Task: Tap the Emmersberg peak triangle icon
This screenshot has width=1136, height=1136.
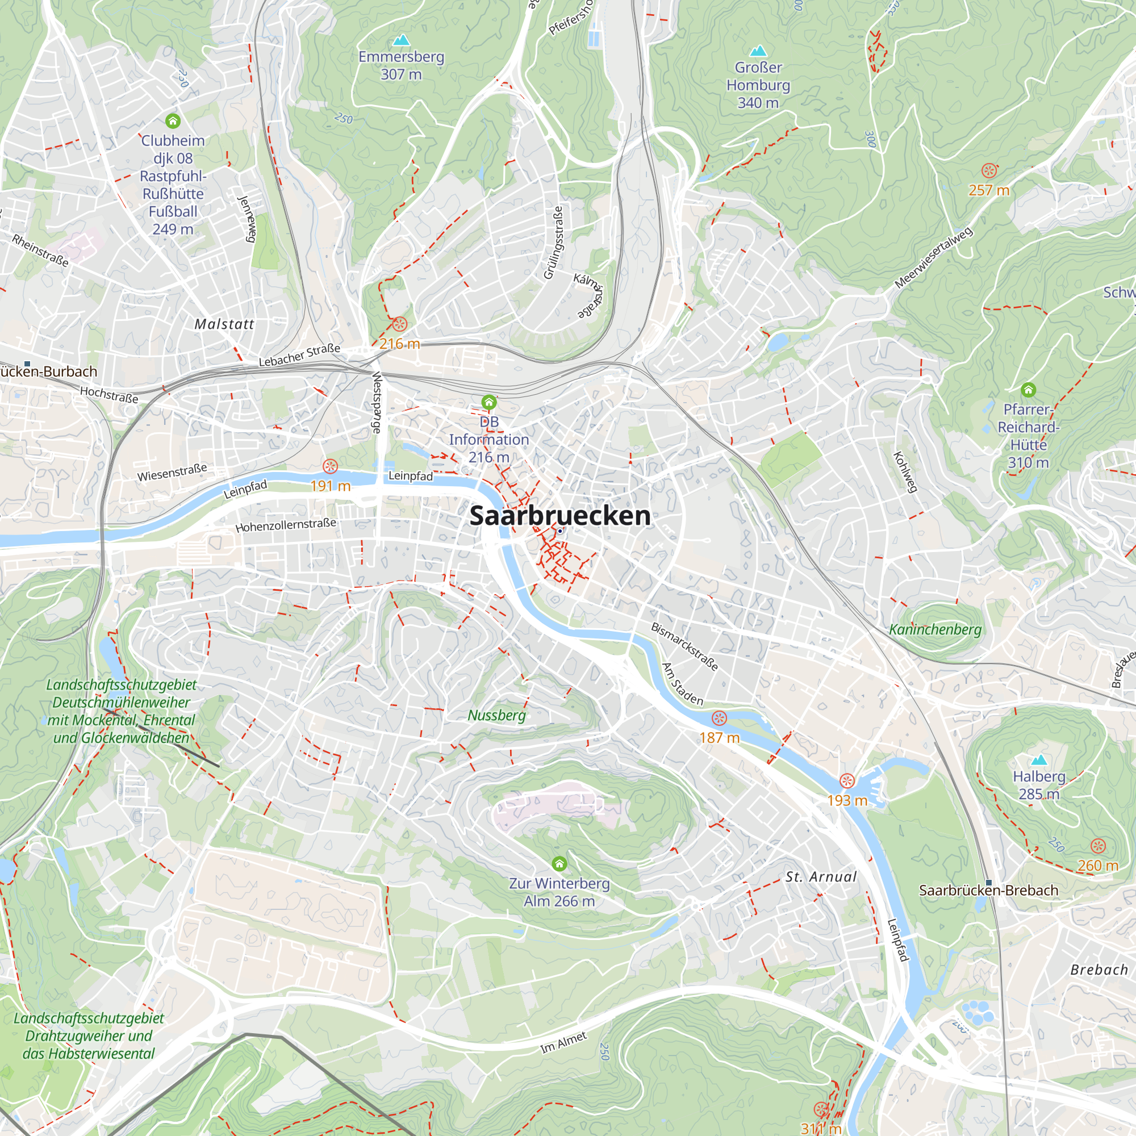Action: pyautogui.click(x=402, y=40)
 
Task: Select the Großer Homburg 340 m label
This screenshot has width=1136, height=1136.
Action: pyautogui.click(x=758, y=85)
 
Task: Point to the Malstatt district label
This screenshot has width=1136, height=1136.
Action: pyautogui.click(x=224, y=324)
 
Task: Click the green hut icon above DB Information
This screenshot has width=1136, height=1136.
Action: pyautogui.click(x=488, y=403)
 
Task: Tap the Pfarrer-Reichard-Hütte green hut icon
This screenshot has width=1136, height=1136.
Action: pyautogui.click(x=1028, y=390)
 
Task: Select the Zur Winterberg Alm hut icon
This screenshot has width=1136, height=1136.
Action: pyautogui.click(x=559, y=863)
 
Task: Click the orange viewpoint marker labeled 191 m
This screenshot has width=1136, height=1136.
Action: pyautogui.click(x=331, y=467)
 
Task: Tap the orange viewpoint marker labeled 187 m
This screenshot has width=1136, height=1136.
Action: pyautogui.click(x=719, y=718)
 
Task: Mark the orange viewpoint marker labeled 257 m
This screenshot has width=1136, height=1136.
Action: pyautogui.click(x=989, y=171)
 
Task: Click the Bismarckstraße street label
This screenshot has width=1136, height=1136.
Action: pyautogui.click(x=684, y=646)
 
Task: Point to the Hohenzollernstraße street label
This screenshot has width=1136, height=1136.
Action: pyautogui.click(x=286, y=524)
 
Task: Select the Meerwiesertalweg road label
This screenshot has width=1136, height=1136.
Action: pyautogui.click(x=933, y=257)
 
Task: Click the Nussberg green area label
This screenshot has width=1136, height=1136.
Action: pyautogui.click(x=496, y=715)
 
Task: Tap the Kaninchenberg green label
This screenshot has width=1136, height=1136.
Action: pyautogui.click(x=935, y=630)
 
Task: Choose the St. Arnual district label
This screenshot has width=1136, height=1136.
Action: pyautogui.click(x=821, y=876)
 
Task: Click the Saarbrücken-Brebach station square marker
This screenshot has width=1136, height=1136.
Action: pyautogui.click(x=988, y=883)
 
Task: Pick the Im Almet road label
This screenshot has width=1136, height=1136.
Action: pyautogui.click(x=563, y=1042)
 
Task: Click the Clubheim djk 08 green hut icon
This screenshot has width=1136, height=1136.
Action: pyautogui.click(x=172, y=121)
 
